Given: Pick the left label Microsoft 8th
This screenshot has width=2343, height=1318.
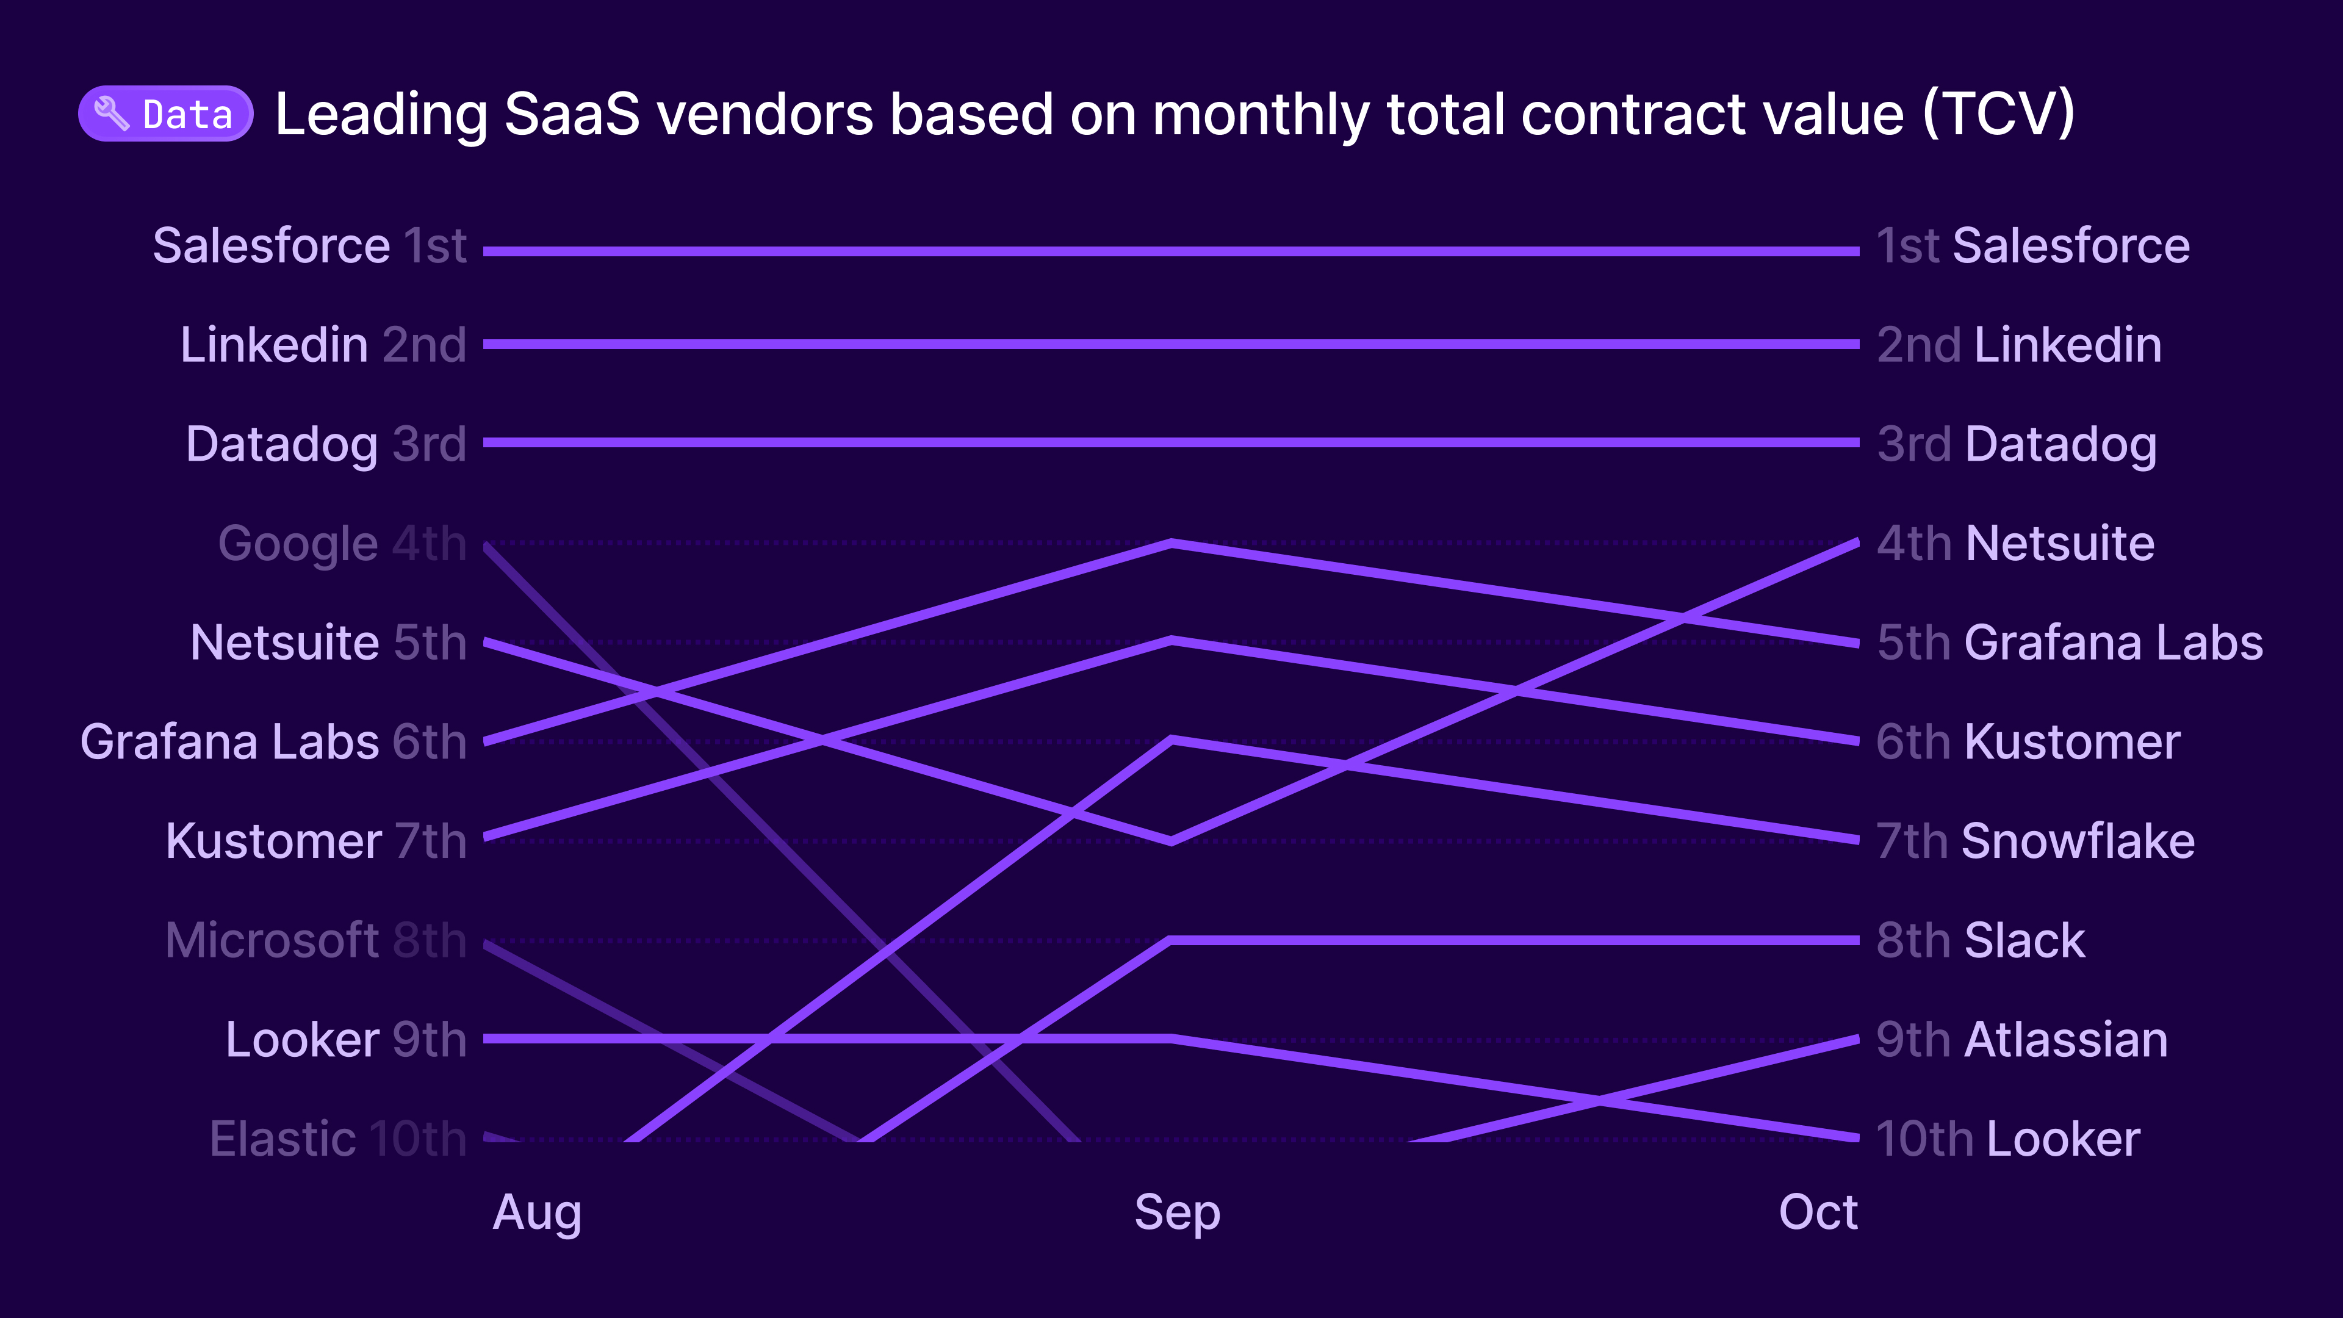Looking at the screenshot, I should point(315,940).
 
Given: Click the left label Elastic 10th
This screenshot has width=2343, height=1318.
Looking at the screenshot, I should point(337,1139).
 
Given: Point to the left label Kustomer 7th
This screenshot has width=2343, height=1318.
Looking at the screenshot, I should point(315,841).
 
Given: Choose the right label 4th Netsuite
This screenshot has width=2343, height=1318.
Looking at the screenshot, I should point(2015,544).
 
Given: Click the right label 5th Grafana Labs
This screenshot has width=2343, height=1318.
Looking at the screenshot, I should point(2069,643).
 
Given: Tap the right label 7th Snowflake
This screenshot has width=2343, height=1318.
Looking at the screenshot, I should point(2035,841).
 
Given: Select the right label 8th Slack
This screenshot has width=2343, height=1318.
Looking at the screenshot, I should point(1980,940).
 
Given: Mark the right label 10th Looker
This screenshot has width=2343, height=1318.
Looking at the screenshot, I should point(2008,1139).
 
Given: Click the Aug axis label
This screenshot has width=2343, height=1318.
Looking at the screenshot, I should point(537,1212).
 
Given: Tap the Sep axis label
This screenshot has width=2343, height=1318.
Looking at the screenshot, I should point(1177,1212).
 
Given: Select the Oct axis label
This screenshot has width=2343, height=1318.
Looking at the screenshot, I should point(1817,1212).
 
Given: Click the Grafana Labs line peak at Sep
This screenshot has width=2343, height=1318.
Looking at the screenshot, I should point(1172,543).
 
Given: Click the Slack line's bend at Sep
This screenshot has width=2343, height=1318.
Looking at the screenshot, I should point(1171,940).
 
